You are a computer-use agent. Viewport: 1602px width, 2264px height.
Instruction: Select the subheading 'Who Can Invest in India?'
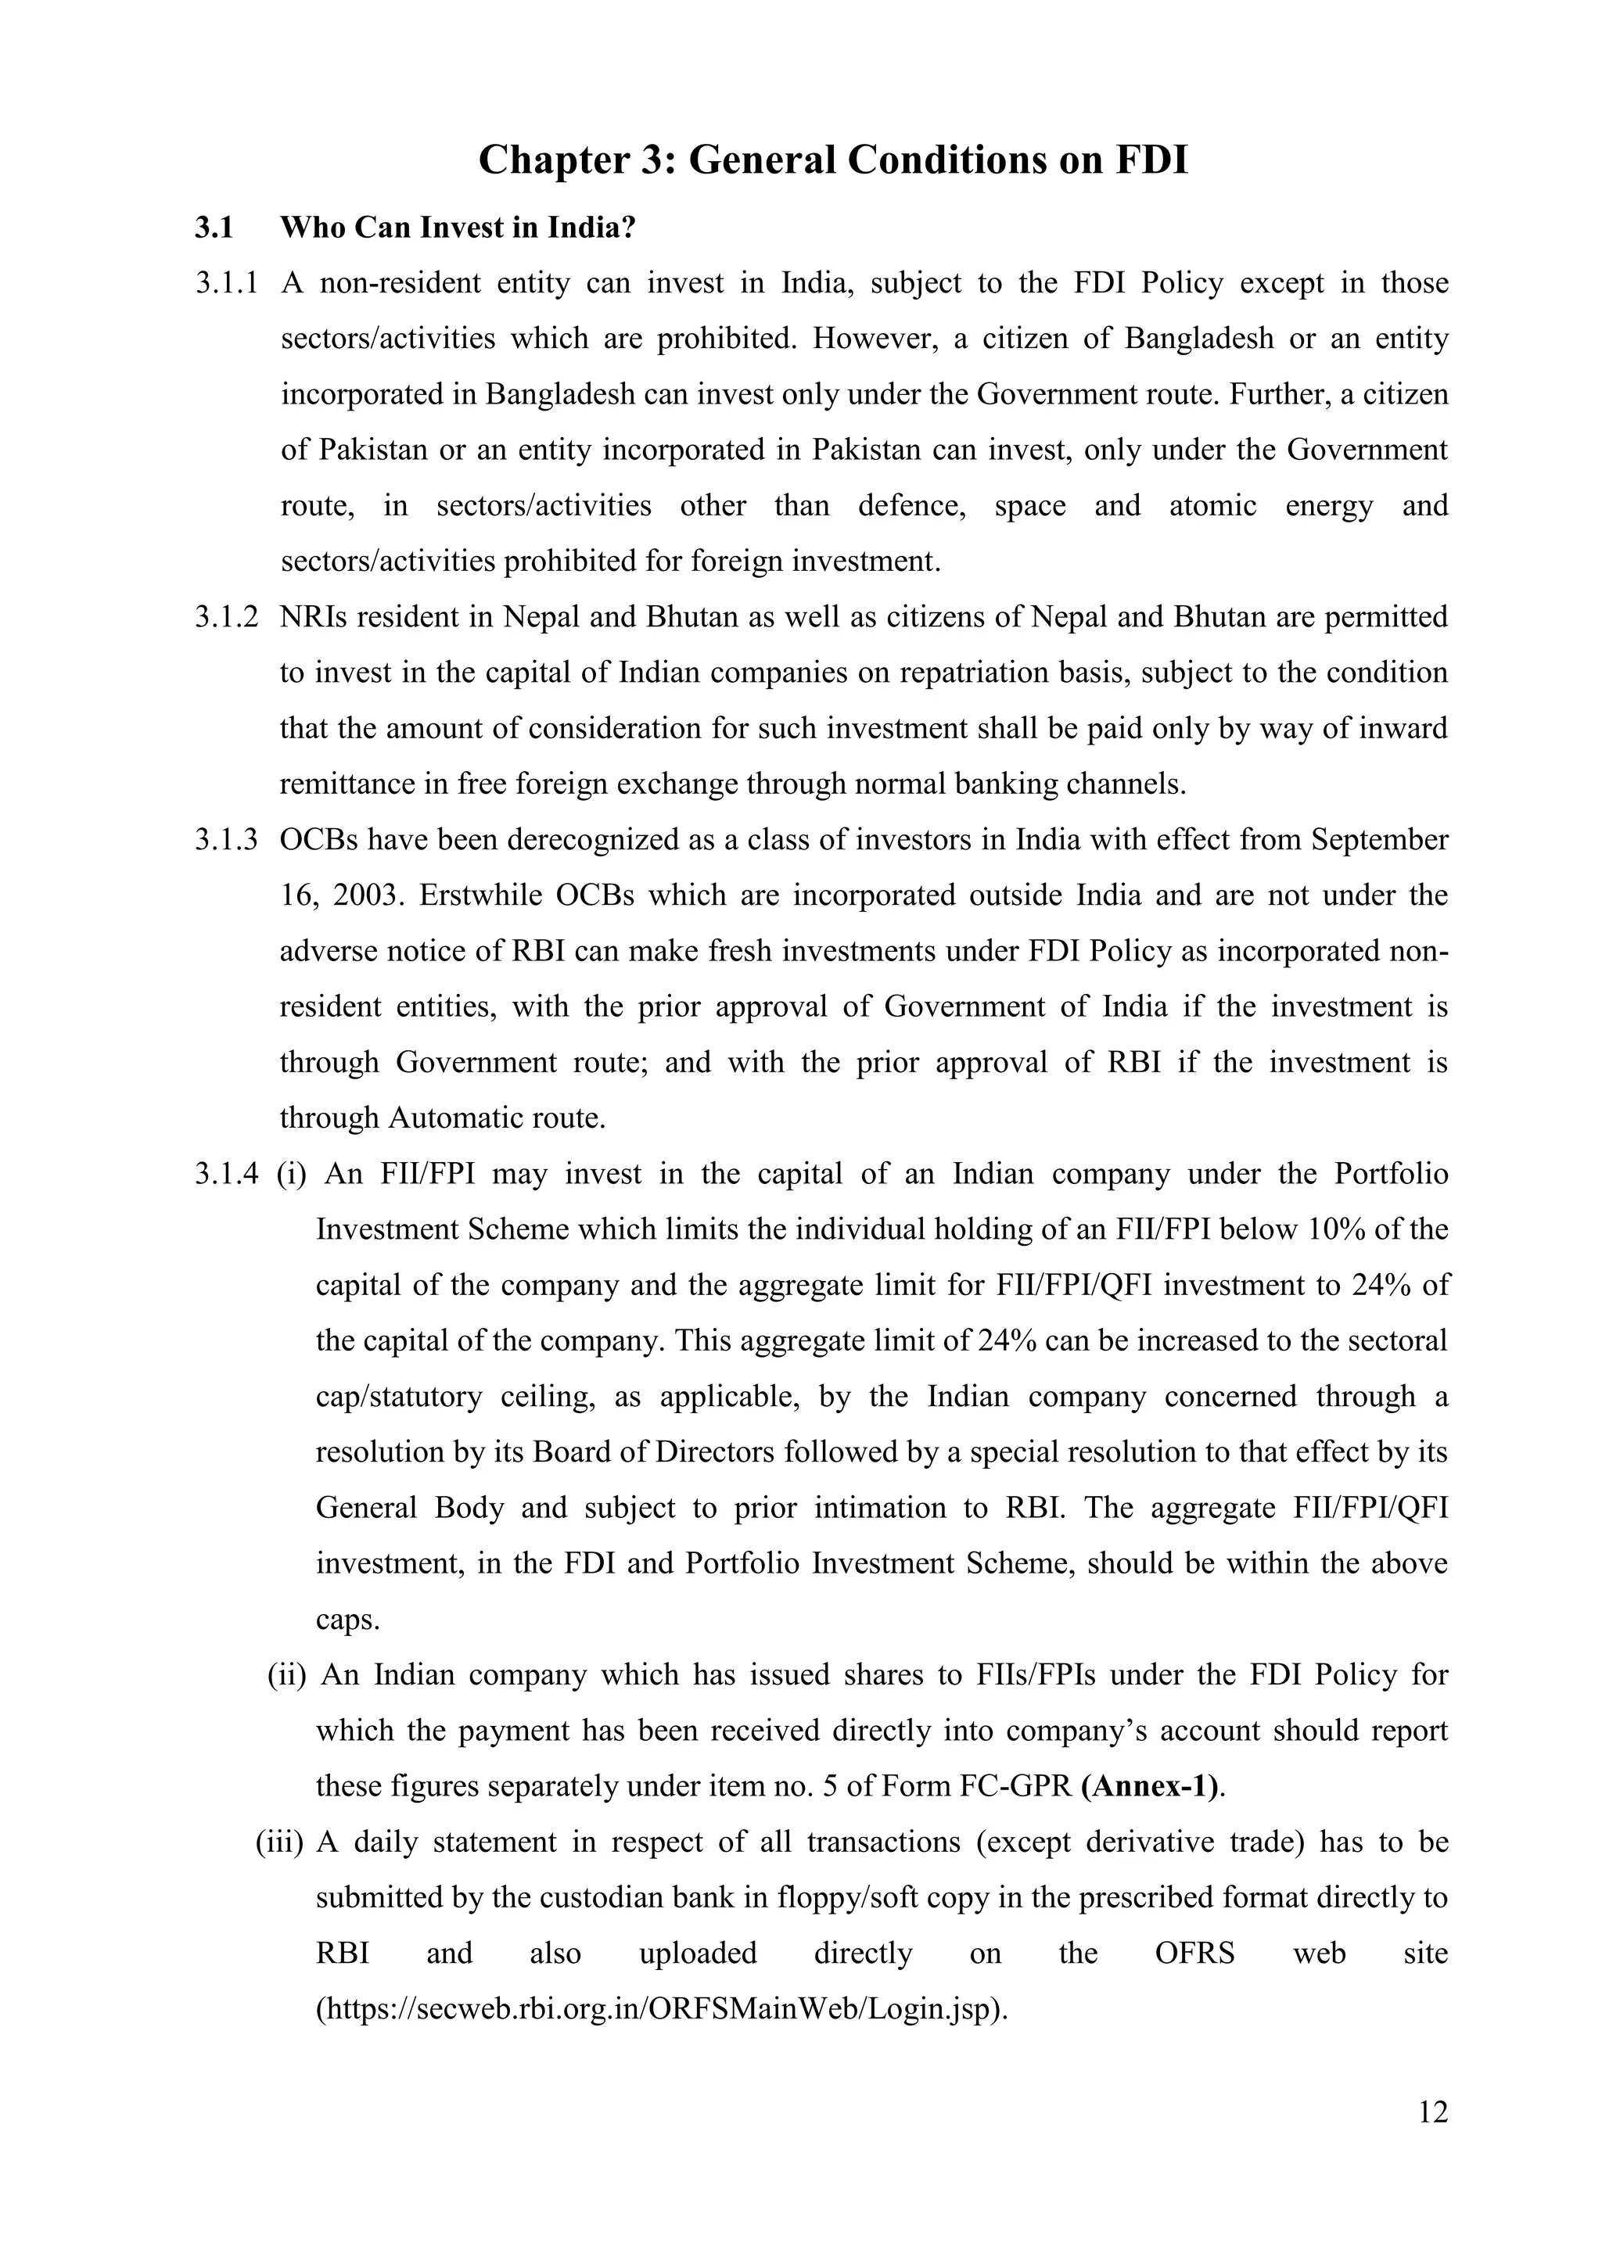[458, 228]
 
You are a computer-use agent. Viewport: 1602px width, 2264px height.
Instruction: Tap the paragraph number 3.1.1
[226, 284]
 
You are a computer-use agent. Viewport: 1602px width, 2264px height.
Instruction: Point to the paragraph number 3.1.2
[226, 617]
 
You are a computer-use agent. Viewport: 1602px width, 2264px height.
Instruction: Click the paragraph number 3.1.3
[226, 840]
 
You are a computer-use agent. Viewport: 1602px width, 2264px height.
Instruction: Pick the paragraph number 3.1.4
[226, 1175]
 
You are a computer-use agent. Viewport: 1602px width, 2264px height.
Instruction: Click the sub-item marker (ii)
[287, 1675]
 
